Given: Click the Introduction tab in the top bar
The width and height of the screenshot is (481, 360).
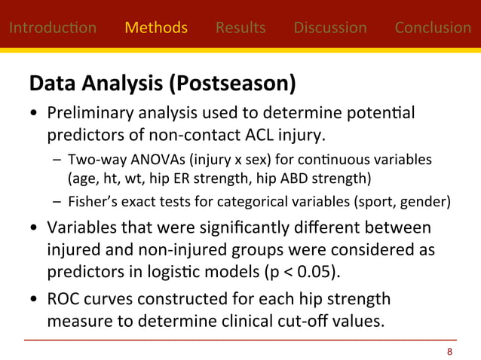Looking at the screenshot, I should tap(52, 28).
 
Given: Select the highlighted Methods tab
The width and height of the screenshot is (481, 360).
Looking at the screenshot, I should tap(156, 28).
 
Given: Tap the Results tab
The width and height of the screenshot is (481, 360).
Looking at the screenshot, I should tap(240, 28).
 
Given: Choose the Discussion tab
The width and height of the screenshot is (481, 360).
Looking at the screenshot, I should tap(330, 28).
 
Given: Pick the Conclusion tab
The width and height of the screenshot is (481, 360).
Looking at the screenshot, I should tap(433, 28).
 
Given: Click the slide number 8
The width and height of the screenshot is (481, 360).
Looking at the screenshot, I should tap(450, 352).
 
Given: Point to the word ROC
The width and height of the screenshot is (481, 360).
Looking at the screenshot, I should tap(63, 300).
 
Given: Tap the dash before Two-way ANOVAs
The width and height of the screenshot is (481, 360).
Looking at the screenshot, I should tap(57, 160).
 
